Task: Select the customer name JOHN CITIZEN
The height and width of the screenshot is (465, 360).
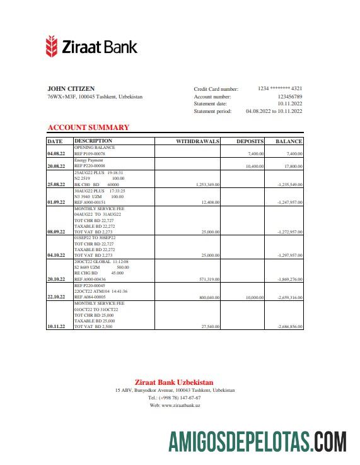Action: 71,88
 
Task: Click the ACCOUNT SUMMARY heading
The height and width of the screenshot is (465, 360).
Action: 88,127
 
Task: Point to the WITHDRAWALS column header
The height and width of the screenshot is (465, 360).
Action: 197,141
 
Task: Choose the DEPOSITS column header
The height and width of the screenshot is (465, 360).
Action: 250,141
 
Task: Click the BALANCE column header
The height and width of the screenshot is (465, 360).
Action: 289,141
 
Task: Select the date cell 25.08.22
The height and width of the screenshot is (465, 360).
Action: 56,184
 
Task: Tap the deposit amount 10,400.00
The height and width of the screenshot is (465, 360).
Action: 254,166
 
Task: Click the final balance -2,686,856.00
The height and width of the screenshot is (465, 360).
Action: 290,327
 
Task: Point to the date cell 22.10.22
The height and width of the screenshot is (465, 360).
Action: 56,297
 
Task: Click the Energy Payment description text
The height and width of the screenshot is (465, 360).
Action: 88,160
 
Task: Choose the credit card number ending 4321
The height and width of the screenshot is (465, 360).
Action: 280,89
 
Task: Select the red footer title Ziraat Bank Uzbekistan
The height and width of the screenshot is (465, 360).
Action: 174,382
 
